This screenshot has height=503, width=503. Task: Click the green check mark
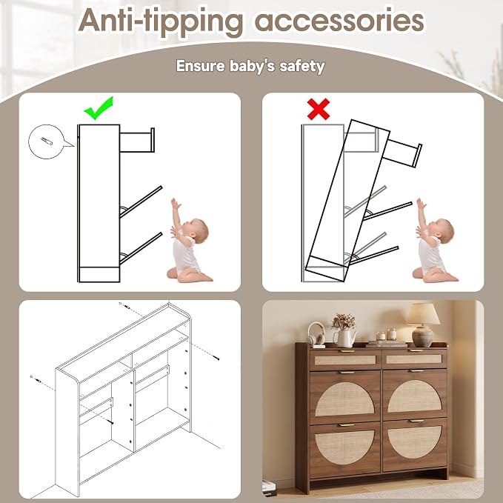(99, 108)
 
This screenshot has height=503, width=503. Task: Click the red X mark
(319, 109)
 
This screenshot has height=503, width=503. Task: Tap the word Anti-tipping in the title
(160, 21)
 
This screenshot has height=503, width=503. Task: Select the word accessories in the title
(339, 21)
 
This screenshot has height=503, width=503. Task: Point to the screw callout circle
(47, 141)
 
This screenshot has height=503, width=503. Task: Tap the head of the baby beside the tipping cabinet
(444, 230)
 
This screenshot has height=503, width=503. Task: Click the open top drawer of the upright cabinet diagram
(137, 140)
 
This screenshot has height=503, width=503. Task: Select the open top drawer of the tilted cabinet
(402, 153)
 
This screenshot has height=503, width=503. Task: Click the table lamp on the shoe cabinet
(423, 324)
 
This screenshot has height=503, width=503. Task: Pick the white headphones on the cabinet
(316, 334)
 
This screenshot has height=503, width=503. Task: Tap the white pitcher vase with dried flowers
(344, 331)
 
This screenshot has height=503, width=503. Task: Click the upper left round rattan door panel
(344, 399)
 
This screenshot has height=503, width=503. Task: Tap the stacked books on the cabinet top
(386, 344)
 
